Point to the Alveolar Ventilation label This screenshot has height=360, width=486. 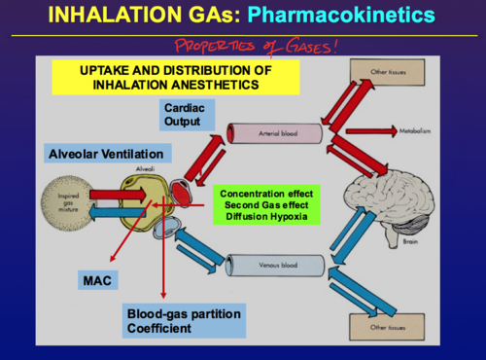click(x=108, y=153)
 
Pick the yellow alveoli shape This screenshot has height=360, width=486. click(x=143, y=207)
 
